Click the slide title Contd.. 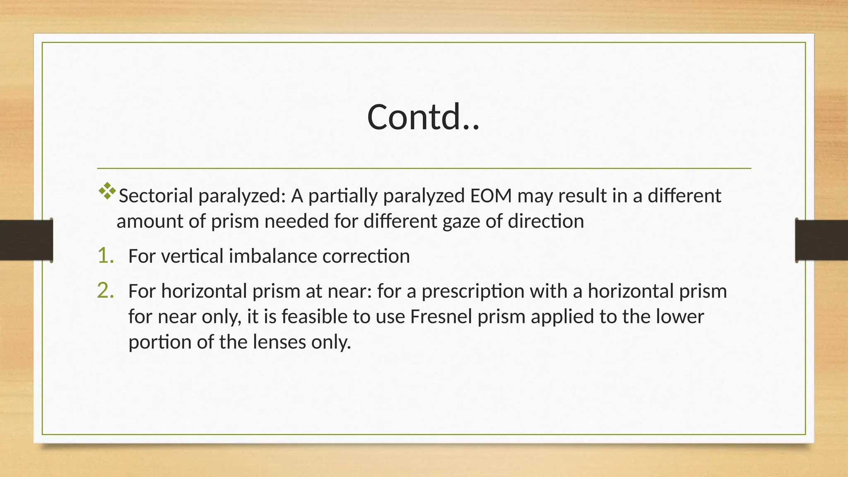pyautogui.click(x=423, y=117)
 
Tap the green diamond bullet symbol pyautogui.click(x=107, y=191)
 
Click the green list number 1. pyautogui.click(x=105, y=256)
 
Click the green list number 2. pyautogui.click(x=105, y=291)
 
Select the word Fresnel pyautogui.click(x=441, y=317)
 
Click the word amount pyautogui.click(x=150, y=222)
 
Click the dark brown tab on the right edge pyautogui.click(x=821, y=240)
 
